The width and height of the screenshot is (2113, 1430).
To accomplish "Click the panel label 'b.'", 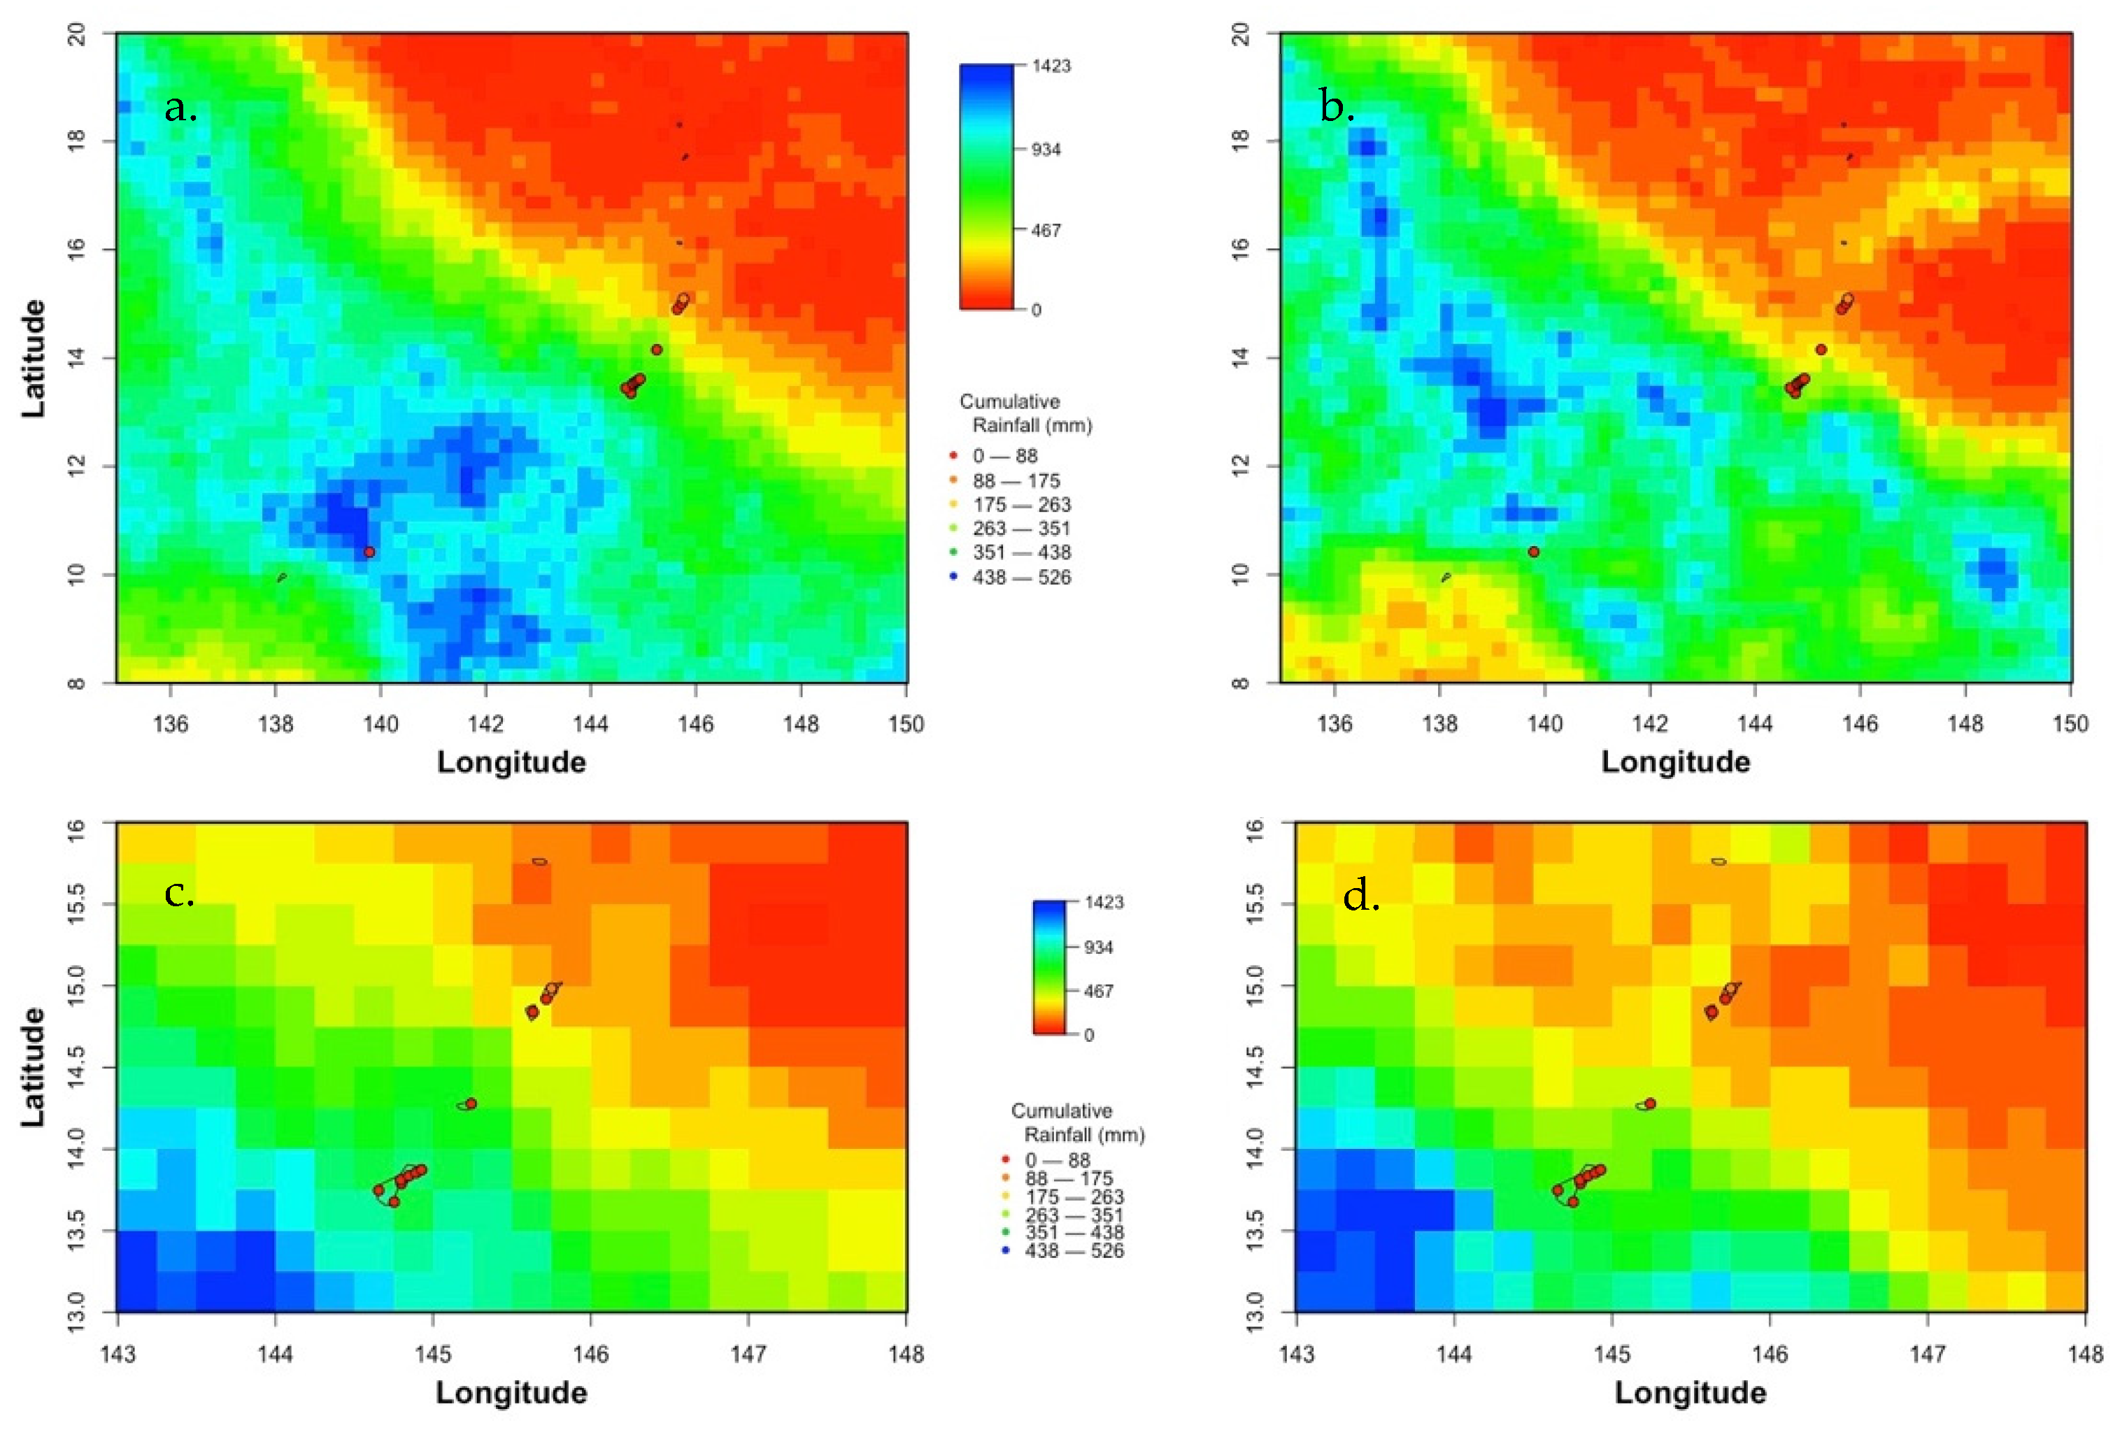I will (x=1337, y=109).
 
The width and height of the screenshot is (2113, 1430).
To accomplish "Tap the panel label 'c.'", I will (x=179, y=894).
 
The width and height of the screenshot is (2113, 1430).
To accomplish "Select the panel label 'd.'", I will (x=1361, y=898).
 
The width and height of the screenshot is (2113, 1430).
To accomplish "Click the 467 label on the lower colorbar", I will (x=1097, y=991).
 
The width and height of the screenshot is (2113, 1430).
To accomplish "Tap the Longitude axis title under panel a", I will (x=511, y=762).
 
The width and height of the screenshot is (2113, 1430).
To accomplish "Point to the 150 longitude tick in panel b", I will (x=2070, y=724).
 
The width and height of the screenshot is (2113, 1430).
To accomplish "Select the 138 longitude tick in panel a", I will (x=276, y=724).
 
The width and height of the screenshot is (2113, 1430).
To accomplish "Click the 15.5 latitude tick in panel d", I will (x=1255, y=903).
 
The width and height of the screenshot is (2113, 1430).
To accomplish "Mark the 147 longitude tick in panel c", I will (x=748, y=1354).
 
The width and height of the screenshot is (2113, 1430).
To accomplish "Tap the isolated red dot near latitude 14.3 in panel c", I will (x=471, y=1103).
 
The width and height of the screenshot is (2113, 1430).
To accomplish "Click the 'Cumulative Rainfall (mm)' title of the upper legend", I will (x=1025, y=413).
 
